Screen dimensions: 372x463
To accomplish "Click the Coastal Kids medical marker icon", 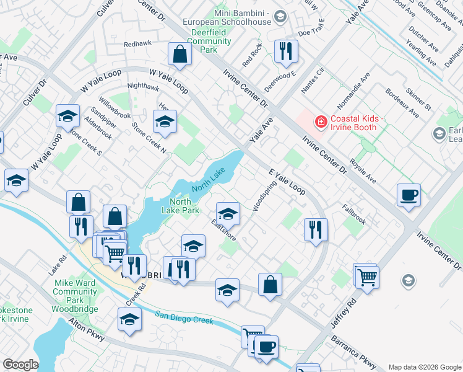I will [321, 121].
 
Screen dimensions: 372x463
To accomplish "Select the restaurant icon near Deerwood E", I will [285, 52].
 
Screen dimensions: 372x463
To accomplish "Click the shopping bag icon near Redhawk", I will [180, 55].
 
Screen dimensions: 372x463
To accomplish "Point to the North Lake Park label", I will [184, 206].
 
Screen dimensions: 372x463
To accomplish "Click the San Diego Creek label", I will [184, 317].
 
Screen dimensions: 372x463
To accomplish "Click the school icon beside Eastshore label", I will [228, 214].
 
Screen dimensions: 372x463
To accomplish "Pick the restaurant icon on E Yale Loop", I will [316, 230].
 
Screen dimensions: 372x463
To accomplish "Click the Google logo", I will [20, 365].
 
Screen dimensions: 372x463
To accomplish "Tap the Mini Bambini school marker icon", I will [280, 16].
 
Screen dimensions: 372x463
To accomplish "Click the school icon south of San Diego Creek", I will [129, 319].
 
